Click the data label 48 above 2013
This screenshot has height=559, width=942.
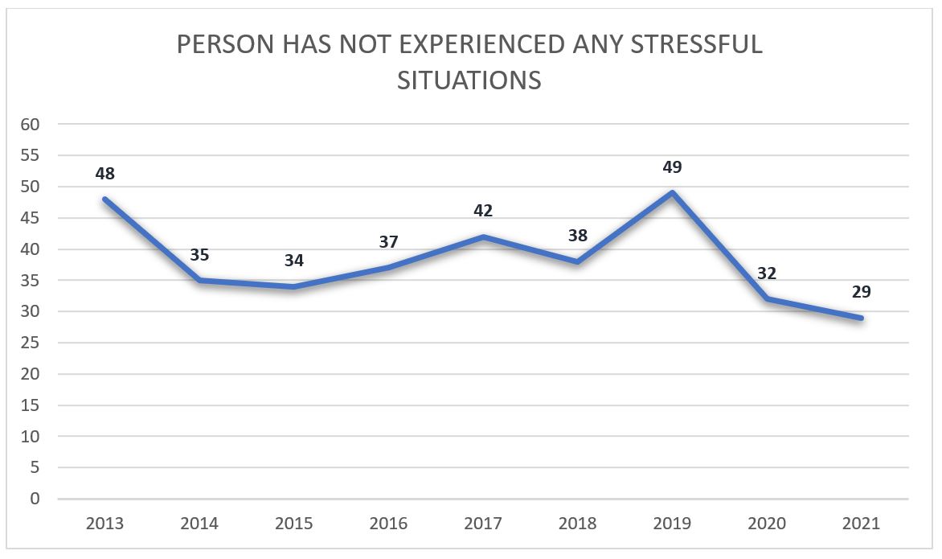pyautogui.click(x=104, y=173)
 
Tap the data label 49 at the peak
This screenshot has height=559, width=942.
pyautogui.click(x=672, y=167)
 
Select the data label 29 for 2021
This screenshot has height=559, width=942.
pyautogui.click(x=861, y=292)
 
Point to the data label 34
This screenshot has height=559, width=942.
pyautogui.click(x=294, y=261)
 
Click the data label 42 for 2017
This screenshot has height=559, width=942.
pyautogui.click(x=483, y=211)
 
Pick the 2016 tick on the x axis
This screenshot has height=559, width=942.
pyautogui.click(x=388, y=524)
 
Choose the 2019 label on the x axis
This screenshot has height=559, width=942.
pyautogui.click(x=672, y=524)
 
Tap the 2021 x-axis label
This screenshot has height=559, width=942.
pyautogui.click(x=861, y=524)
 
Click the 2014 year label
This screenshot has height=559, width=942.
pyautogui.click(x=199, y=524)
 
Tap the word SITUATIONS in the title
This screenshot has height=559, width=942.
pyautogui.click(x=469, y=81)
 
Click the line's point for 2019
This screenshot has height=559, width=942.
pyautogui.click(x=672, y=192)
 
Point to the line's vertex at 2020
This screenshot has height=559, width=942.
pyautogui.click(x=767, y=298)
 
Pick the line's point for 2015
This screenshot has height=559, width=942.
pyautogui.click(x=294, y=286)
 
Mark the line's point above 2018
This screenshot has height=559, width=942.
pyautogui.click(x=577, y=261)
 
